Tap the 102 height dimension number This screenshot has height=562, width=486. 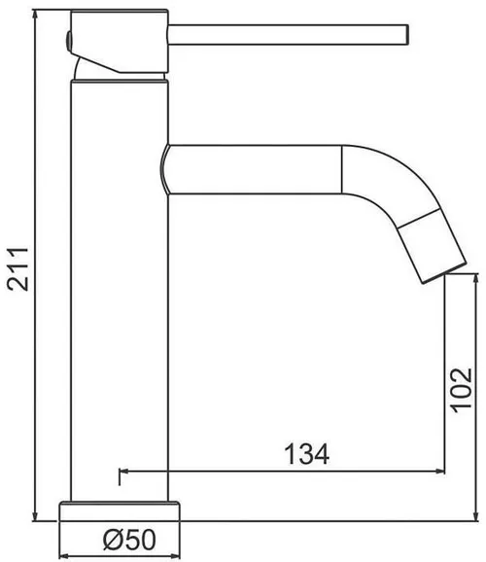click(x=463, y=391)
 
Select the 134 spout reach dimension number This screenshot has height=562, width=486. click(x=305, y=453)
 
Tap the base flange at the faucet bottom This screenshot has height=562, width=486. click(x=121, y=511)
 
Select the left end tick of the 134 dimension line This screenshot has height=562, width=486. click(x=121, y=474)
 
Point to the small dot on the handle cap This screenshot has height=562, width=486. click(x=68, y=38)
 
